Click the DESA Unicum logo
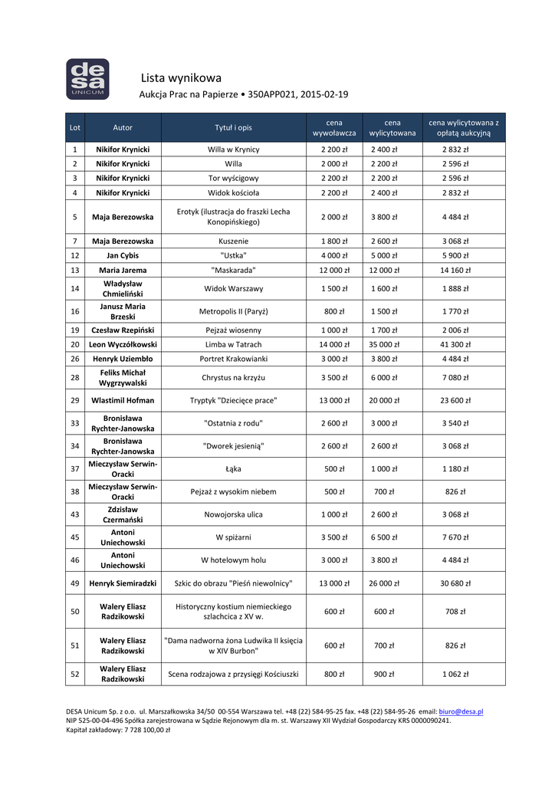(87, 79)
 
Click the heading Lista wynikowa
(181, 77)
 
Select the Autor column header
(123, 127)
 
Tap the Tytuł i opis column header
(233, 127)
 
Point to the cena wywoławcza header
(334, 127)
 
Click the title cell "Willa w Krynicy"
(233, 149)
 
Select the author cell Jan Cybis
(123, 255)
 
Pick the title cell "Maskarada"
(233, 270)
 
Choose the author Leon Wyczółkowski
(123, 344)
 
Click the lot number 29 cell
(74, 400)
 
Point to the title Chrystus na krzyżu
(233, 377)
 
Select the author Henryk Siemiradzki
(123, 583)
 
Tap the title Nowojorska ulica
(233, 514)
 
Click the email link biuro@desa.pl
(461, 712)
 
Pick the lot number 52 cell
(74, 674)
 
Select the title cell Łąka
(233, 468)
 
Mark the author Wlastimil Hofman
(123, 400)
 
